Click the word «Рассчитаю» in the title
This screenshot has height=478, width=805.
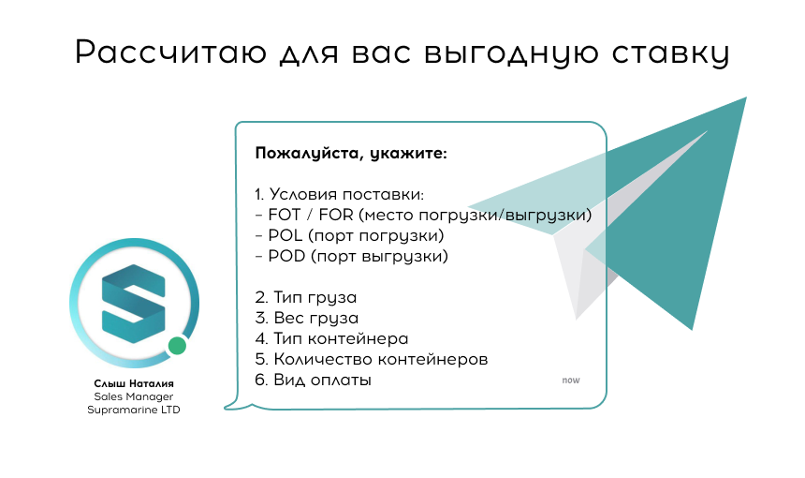171,52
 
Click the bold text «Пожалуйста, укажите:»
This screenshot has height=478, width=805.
351,154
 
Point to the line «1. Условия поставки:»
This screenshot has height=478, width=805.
340,194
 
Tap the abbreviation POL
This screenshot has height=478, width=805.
285,235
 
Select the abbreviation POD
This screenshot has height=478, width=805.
286,256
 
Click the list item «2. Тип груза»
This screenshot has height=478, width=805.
305,298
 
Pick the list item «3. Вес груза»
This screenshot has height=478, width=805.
306,319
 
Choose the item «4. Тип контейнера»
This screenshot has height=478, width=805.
331,338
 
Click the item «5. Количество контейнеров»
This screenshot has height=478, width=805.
372,359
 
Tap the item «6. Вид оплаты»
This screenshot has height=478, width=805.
313,381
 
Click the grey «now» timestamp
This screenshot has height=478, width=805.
571,381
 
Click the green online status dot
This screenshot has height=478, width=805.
177,346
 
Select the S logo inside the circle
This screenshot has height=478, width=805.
134,304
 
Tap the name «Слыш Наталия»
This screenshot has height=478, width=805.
134,383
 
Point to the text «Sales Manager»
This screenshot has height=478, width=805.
134,396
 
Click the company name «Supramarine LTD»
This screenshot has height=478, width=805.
134,411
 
